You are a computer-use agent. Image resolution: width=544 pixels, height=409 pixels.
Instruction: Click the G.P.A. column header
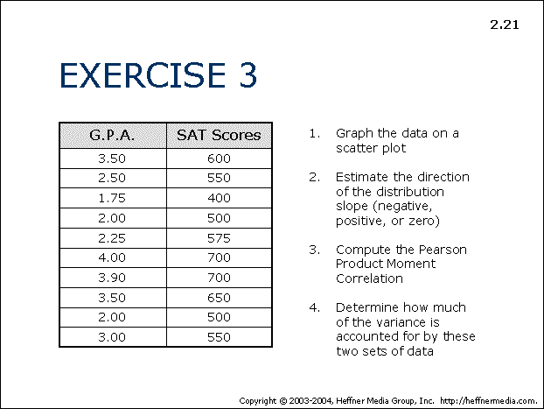pyautogui.click(x=112, y=135)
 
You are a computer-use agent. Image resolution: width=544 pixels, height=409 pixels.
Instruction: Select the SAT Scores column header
pyautogui.click(x=219, y=135)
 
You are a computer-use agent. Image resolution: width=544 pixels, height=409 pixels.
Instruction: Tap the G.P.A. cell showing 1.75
pyautogui.click(x=112, y=198)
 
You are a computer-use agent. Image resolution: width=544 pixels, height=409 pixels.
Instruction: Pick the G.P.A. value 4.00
pyautogui.click(x=112, y=257)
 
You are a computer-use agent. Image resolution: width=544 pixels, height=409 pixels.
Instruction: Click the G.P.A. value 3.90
pyautogui.click(x=112, y=278)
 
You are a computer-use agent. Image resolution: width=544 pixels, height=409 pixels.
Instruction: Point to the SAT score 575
pyautogui.click(x=219, y=238)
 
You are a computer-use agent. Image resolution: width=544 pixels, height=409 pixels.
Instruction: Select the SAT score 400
pyautogui.click(x=219, y=198)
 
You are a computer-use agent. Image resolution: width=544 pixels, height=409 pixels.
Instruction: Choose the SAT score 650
pyautogui.click(x=219, y=298)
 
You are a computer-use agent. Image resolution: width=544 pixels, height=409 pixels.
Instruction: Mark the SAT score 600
pyautogui.click(x=219, y=159)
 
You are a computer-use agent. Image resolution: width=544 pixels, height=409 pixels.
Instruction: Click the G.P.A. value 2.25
pyautogui.click(x=112, y=238)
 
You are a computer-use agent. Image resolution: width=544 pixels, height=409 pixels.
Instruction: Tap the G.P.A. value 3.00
pyautogui.click(x=112, y=337)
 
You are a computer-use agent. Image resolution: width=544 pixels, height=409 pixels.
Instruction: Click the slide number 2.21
pyautogui.click(x=505, y=25)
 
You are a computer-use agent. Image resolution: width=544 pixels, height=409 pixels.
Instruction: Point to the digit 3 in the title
pyautogui.click(x=248, y=74)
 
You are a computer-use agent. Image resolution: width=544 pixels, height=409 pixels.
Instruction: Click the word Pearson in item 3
pyautogui.click(x=443, y=250)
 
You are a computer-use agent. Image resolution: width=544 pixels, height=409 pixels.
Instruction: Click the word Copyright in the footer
pyautogui.click(x=258, y=401)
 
